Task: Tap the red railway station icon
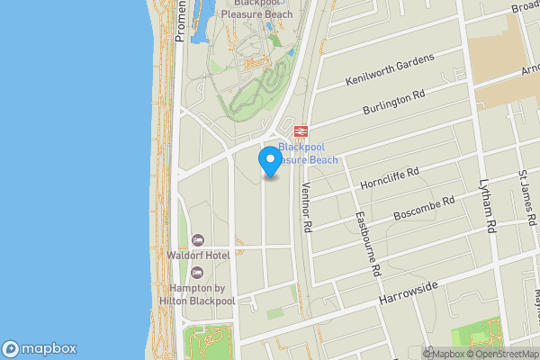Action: pyautogui.click(x=301, y=131)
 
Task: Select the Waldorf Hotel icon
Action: pyautogui.click(x=197, y=239)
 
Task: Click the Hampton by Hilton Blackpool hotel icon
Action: pyautogui.click(x=197, y=271)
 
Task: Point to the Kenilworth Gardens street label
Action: pyautogui.click(x=390, y=71)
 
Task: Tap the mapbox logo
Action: pyautogui.click(x=39, y=349)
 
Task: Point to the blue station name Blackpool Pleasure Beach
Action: pyautogui.click(x=308, y=153)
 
